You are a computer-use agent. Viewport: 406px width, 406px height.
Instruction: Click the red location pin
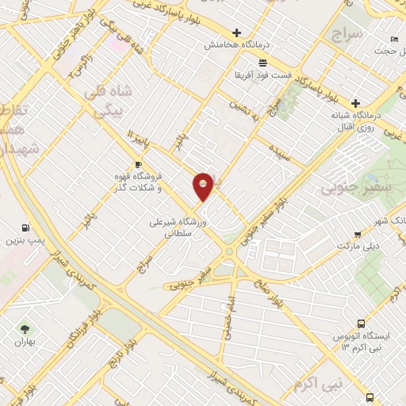click(x=203, y=186)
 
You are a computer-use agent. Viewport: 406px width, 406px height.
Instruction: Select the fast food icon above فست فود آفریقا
click(x=262, y=63)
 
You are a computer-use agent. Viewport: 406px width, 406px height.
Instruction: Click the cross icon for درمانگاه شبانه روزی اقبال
click(x=356, y=103)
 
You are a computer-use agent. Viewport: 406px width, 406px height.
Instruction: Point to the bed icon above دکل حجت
click(x=394, y=40)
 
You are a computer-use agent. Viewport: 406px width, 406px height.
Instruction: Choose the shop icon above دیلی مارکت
click(x=358, y=234)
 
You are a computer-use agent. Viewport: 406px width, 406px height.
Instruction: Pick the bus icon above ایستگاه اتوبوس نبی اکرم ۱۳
click(x=362, y=324)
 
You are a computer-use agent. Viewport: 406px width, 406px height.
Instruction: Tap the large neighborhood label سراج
click(x=347, y=35)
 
